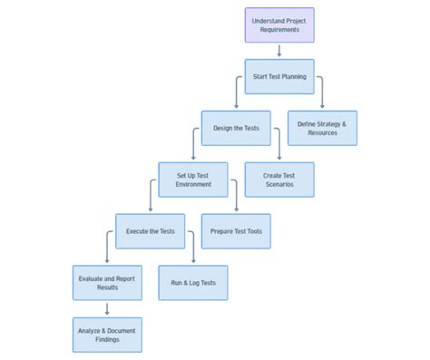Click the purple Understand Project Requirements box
279,25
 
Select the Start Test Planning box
279,77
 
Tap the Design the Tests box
236,128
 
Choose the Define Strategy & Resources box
322,128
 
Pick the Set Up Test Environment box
193,180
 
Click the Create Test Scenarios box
279,180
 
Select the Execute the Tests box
150,231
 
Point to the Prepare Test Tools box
236,231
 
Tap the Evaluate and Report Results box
107,283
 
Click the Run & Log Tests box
193,283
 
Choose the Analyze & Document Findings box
107,334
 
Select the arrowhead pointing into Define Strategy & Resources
322,107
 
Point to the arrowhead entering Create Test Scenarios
279,159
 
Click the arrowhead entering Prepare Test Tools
236,210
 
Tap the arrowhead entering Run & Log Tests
193,262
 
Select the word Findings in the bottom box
107,339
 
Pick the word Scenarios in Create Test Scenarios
279,185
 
